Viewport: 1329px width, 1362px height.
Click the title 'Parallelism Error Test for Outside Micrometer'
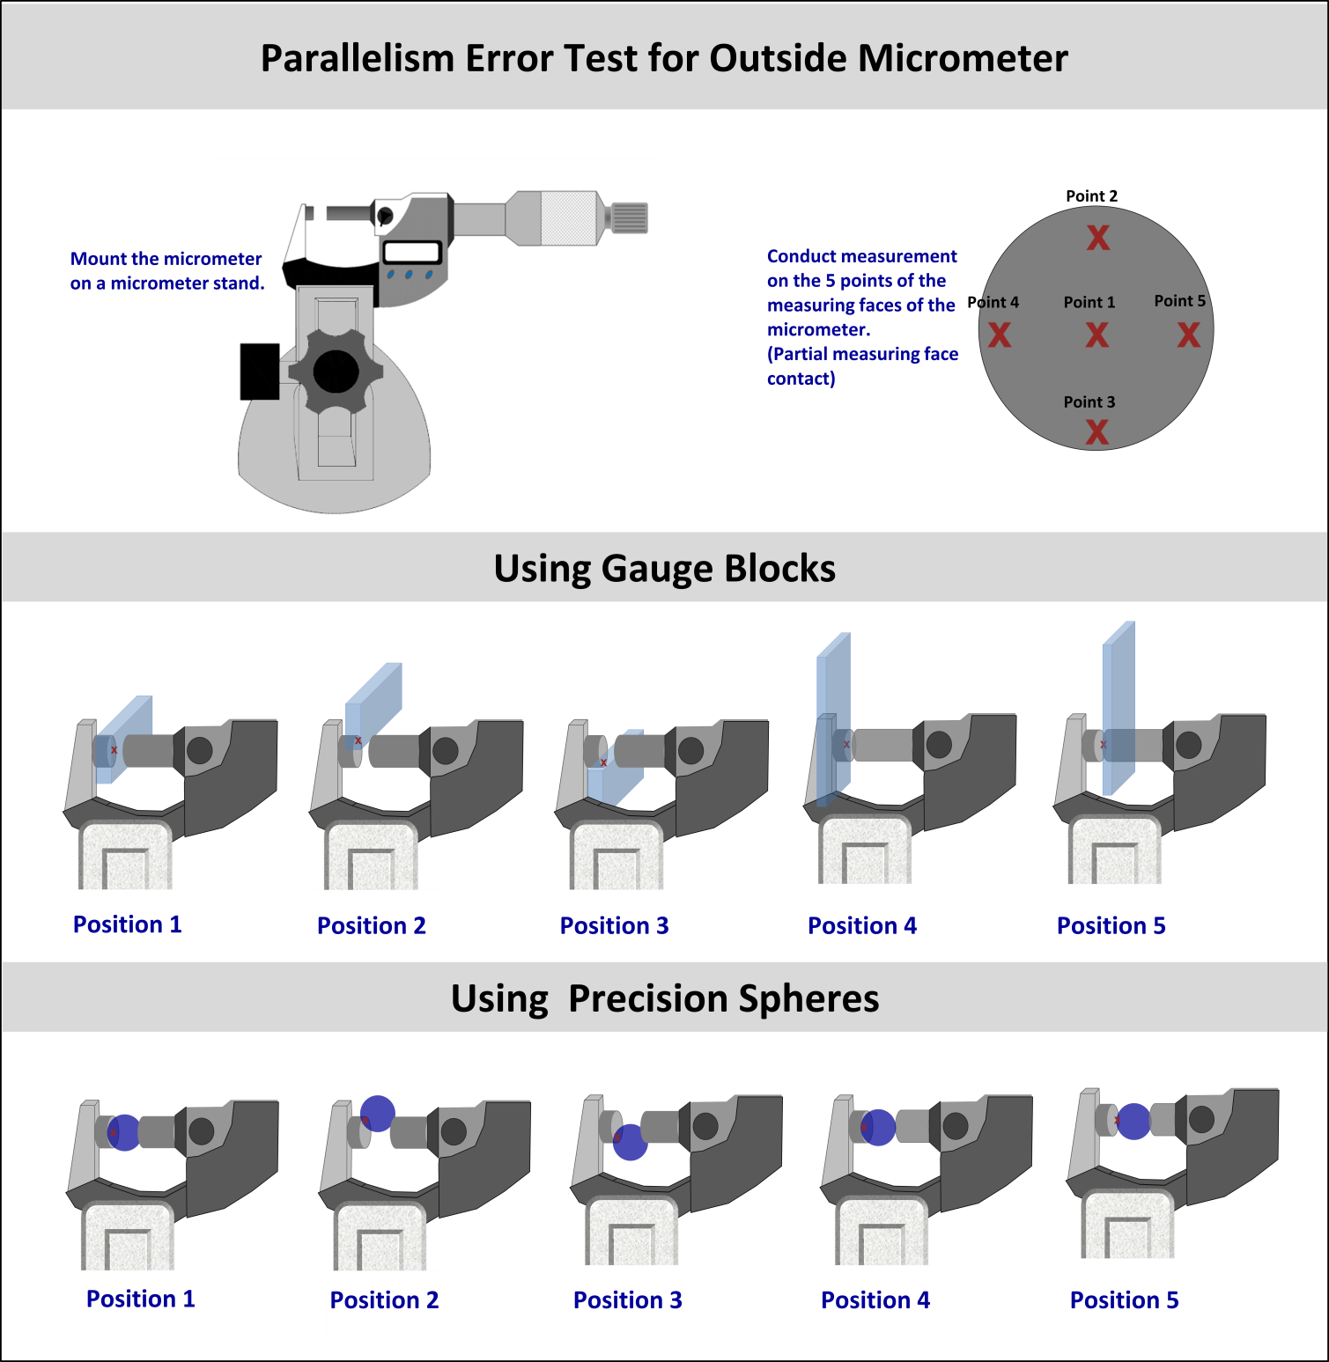coord(664,58)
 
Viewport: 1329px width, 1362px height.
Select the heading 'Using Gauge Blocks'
coord(664,568)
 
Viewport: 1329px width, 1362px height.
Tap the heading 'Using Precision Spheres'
coord(664,998)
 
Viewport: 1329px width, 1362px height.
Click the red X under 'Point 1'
coord(1096,335)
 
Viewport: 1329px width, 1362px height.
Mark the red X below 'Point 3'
coord(1096,431)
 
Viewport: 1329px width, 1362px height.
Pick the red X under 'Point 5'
coord(1189,335)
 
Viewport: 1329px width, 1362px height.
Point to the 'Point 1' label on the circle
coord(1089,302)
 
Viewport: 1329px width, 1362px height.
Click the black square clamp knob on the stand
coord(260,372)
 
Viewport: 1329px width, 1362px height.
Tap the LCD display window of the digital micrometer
coord(412,252)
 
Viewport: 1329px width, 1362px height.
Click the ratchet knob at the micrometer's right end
coord(629,217)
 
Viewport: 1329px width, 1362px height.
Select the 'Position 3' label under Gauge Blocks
coord(615,925)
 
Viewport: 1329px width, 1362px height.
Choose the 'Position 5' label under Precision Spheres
coord(1124,1299)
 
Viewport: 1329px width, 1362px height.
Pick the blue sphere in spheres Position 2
coord(378,1113)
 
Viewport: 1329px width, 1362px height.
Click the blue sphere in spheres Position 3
coord(630,1142)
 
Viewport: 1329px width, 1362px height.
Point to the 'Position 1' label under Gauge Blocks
coord(128,924)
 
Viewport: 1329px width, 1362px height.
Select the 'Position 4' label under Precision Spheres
coord(875,1299)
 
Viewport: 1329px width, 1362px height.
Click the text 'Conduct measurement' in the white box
coord(861,256)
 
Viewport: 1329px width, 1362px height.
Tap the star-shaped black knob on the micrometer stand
coord(336,372)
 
